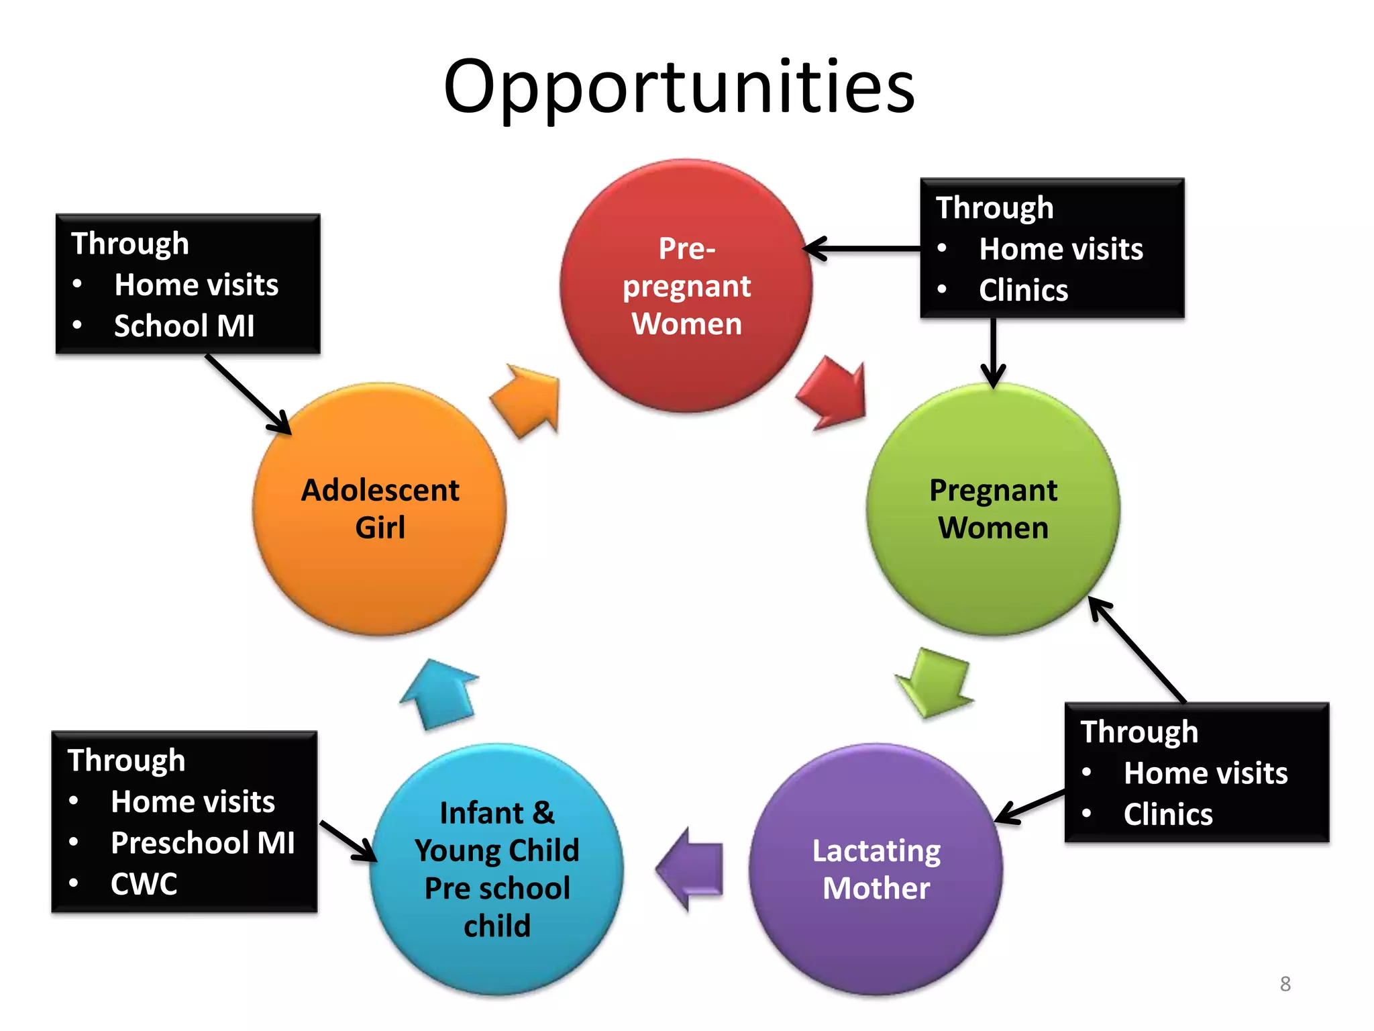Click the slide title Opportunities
(x=679, y=87)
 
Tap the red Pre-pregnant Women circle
(x=686, y=286)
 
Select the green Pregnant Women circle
(x=993, y=509)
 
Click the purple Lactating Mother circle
(x=876, y=869)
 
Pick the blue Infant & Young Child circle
(x=497, y=869)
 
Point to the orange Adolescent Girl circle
(x=380, y=509)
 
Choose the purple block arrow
(x=691, y=869)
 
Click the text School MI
(x=184, y=326)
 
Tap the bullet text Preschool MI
(x=203, y=843)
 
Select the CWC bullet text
(x=144, y=884)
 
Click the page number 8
(x=1285, y=984)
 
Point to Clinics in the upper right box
(x=1023, y=291)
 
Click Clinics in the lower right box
(x=1168, y=815)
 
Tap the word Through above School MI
(x=130, y=244)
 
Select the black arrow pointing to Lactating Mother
(x=1030, y=806)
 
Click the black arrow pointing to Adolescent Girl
(x=248, y=395)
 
